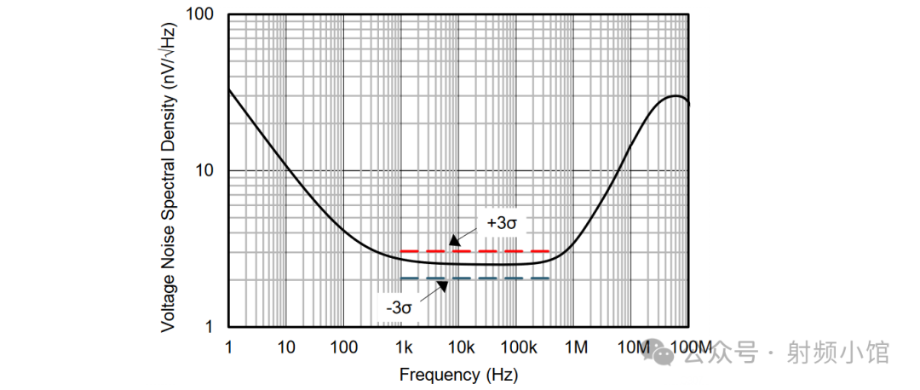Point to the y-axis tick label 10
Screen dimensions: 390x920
click(x=205, y=171)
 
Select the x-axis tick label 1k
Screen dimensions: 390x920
click(x=403, y=347)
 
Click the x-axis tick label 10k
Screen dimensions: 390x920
click(x=461, y=347)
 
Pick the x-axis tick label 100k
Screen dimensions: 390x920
click(x=518, y=347)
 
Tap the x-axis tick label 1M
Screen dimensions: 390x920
click(x=576, y=347)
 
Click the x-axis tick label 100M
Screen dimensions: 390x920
click(x=690, y=347)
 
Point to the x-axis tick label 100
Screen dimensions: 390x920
click(x=343, y=347)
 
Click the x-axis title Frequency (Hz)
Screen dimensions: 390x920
click(x=458, y=374)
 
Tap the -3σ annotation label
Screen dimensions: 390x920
click(x=398, y=307)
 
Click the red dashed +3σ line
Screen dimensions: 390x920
click(x=511, y=251)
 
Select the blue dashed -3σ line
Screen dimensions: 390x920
click(x=511, y=278)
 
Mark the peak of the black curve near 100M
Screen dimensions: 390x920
click(x=675, y=95)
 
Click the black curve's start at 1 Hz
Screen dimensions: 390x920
click(x=229, y=89)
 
